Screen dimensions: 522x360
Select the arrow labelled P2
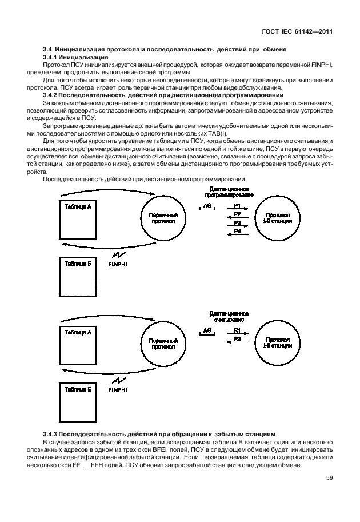237,218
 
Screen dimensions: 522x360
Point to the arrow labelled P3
237,226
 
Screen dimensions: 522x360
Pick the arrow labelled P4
237,234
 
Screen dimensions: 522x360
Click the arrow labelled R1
237,334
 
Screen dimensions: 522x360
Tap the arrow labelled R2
237,342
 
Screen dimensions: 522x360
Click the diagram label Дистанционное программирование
229,191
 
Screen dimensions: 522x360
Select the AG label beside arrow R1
207,330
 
